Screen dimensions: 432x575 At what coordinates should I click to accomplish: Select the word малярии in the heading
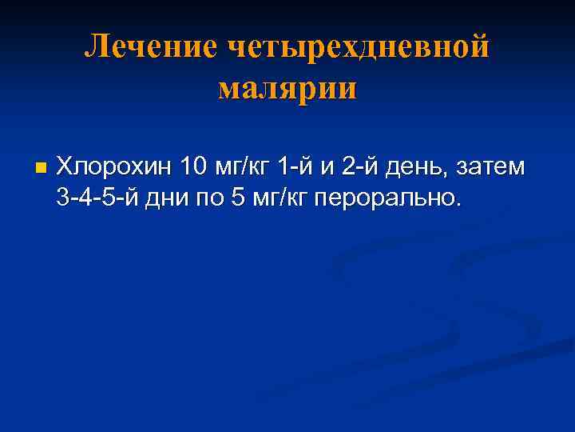click(x=287, y=87)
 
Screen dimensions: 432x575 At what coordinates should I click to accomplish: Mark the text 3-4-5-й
click(x=100, y=198)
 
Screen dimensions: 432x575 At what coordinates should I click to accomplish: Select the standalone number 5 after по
click(x=238, y=198)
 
